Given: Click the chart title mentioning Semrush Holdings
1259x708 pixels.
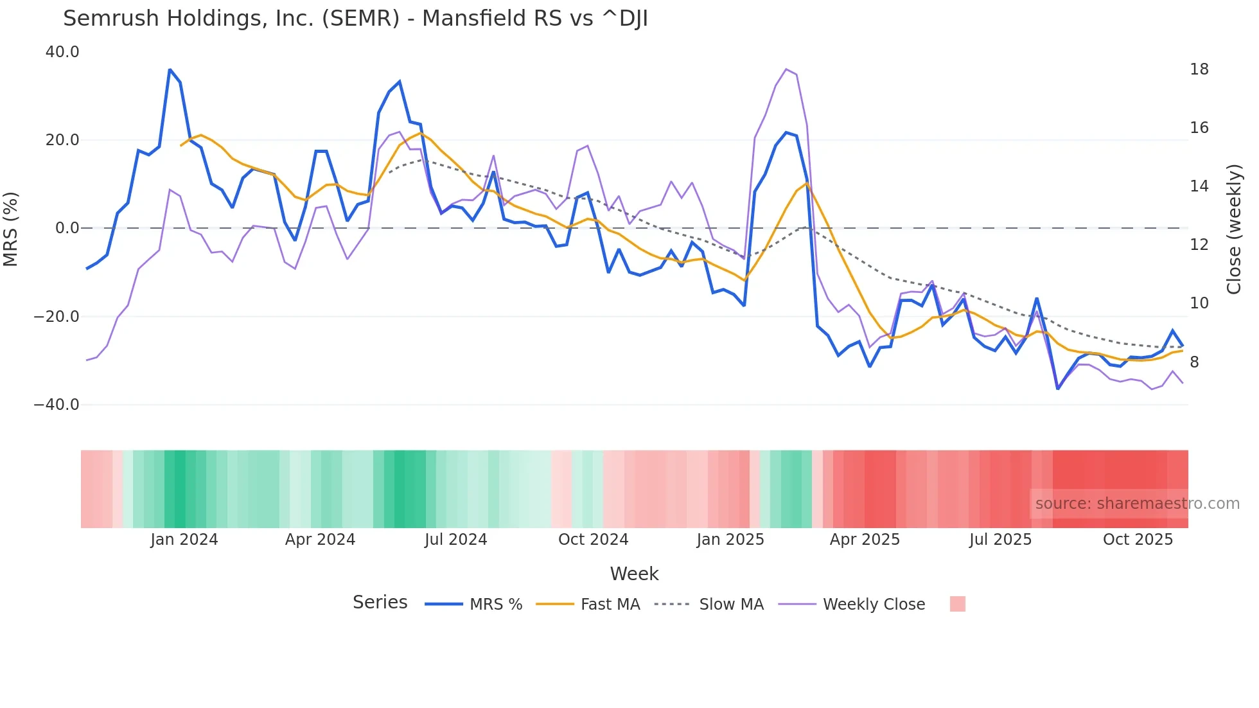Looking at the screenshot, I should pyautogui.click(x=355, y=19).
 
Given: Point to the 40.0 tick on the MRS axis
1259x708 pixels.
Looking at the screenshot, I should pyautogui.click(x=62, y=52).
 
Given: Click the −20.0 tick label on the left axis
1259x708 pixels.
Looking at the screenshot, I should pyautogui.click(x=57, y=317).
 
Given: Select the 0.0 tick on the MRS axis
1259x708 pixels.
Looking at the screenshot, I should pyautogui.click(x=67, y=228).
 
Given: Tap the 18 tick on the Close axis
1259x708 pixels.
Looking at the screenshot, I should pyautogui.click(x=1199, y=69).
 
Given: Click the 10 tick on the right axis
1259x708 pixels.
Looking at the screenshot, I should pyautogui.click(x=1199, y=303).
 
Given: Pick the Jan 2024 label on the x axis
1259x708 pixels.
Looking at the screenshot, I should pyautogui.click(x=184, y=540).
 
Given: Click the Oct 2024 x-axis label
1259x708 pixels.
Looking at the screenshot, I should pyautogui.click(x=593, y=540).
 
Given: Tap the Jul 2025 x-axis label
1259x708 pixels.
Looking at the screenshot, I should pyautogui.click(x=1000, y=540).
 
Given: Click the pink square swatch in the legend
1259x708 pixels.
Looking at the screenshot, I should pyautogui.click(x=957, y=604).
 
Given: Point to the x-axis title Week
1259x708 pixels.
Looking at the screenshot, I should pyautogui.click(x=634, y=574).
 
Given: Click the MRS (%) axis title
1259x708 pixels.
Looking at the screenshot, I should pyautogui.click(x=11, y=229).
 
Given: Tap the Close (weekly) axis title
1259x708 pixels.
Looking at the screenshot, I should pyautogui.click(x=1233, y=229).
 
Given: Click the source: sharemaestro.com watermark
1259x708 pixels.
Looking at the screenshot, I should pyautogui.click(x=1137, y=504).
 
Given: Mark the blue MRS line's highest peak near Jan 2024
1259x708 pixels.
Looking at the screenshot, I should pyautogui.click(x=170, y=69).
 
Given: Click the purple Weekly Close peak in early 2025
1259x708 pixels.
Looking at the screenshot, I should pyautogui.click(x=786, y=69).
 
